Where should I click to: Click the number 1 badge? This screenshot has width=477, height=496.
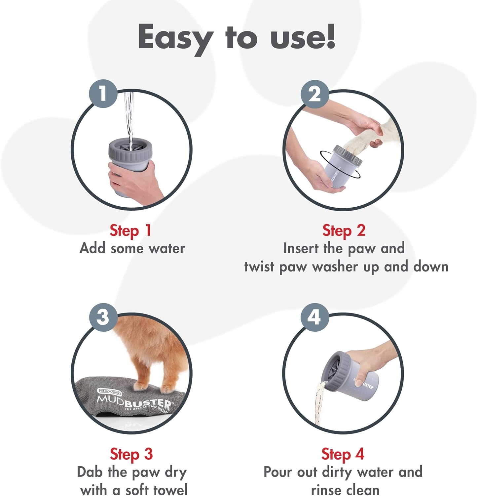103,94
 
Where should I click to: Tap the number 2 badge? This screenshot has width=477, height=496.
314,94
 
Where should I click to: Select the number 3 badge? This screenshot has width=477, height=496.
103,317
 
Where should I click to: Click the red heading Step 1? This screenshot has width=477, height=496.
130,230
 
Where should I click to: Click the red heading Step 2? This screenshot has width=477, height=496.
344,230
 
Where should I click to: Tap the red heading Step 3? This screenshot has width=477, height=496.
131,454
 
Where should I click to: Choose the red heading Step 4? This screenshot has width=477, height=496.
343,454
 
